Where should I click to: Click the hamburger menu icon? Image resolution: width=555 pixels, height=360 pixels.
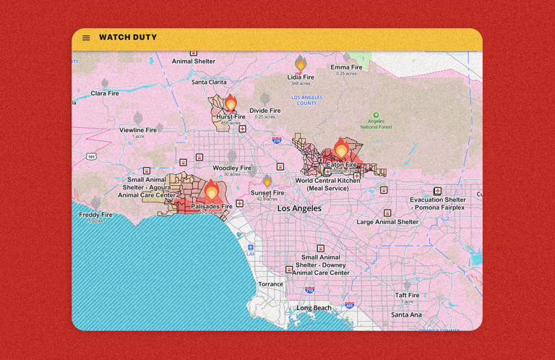86,38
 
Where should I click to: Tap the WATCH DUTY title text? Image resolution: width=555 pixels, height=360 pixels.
128,38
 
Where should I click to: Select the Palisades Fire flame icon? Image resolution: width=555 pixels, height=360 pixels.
212,191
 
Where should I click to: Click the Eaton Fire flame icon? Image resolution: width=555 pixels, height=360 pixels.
341,149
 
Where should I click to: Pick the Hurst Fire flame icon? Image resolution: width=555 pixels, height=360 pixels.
231,103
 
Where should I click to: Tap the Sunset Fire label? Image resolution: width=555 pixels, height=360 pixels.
267,193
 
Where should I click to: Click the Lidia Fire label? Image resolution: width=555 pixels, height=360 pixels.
301,77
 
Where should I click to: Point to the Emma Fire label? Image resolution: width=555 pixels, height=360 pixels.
346,68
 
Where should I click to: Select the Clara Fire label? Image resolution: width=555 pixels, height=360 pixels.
105,93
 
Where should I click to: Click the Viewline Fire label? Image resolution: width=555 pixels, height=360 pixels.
138,130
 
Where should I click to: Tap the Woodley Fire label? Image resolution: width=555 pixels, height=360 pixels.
231,168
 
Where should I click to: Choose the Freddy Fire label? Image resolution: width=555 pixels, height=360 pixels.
96,215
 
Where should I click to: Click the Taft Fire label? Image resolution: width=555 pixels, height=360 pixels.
407,295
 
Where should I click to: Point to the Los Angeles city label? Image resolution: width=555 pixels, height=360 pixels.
299,208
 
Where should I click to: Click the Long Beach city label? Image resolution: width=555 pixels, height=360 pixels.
314,308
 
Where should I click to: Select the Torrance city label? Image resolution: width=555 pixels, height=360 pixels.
271,284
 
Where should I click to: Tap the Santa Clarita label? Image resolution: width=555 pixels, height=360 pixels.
209,82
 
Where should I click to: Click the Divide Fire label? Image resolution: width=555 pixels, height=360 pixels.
264,111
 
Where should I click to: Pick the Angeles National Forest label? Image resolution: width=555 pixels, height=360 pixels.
376,124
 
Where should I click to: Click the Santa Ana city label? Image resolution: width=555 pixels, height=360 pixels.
406,315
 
